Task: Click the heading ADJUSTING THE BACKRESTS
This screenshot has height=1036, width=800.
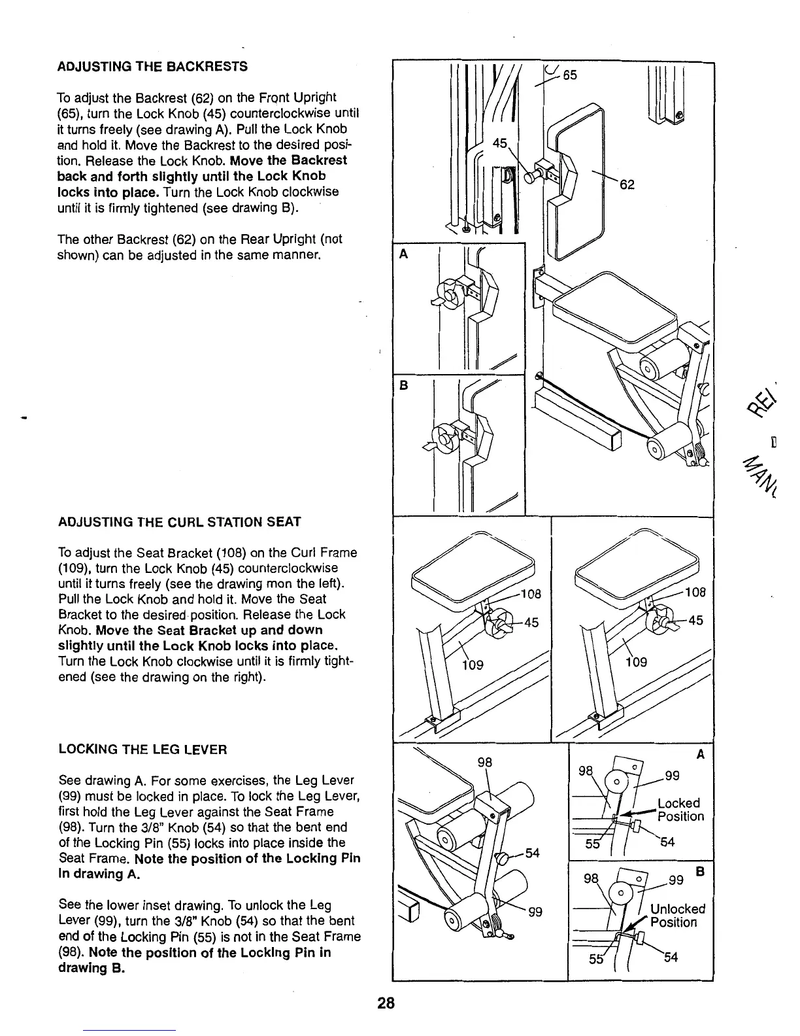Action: (152, 66)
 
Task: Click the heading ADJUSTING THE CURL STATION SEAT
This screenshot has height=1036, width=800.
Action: (179, 522)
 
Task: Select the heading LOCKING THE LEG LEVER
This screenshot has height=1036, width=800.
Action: (142, 750)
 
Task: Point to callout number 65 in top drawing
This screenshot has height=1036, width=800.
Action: (570, 75)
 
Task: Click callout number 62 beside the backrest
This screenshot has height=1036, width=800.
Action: (627, 184)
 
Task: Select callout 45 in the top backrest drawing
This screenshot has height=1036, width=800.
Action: (499, 143)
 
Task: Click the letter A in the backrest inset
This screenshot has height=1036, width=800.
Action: (403, 254)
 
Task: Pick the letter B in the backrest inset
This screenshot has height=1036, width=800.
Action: (403, 386)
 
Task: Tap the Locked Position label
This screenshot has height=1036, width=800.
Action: (680, 810)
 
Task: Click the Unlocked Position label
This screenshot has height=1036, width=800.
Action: (678, 916)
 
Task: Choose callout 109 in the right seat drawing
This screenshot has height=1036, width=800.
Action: (635, 663)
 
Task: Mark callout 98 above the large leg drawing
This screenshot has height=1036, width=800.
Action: (484, 763)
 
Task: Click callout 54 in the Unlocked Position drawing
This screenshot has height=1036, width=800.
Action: (671, 958)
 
